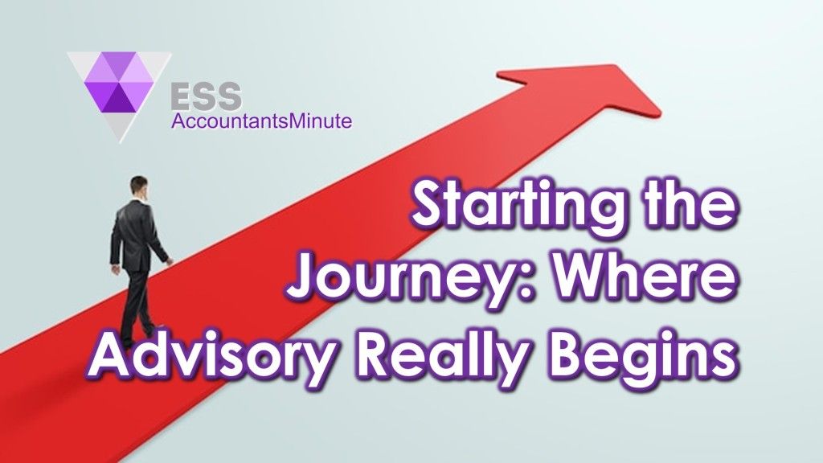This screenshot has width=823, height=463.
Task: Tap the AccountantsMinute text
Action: (x=261, y=122)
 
